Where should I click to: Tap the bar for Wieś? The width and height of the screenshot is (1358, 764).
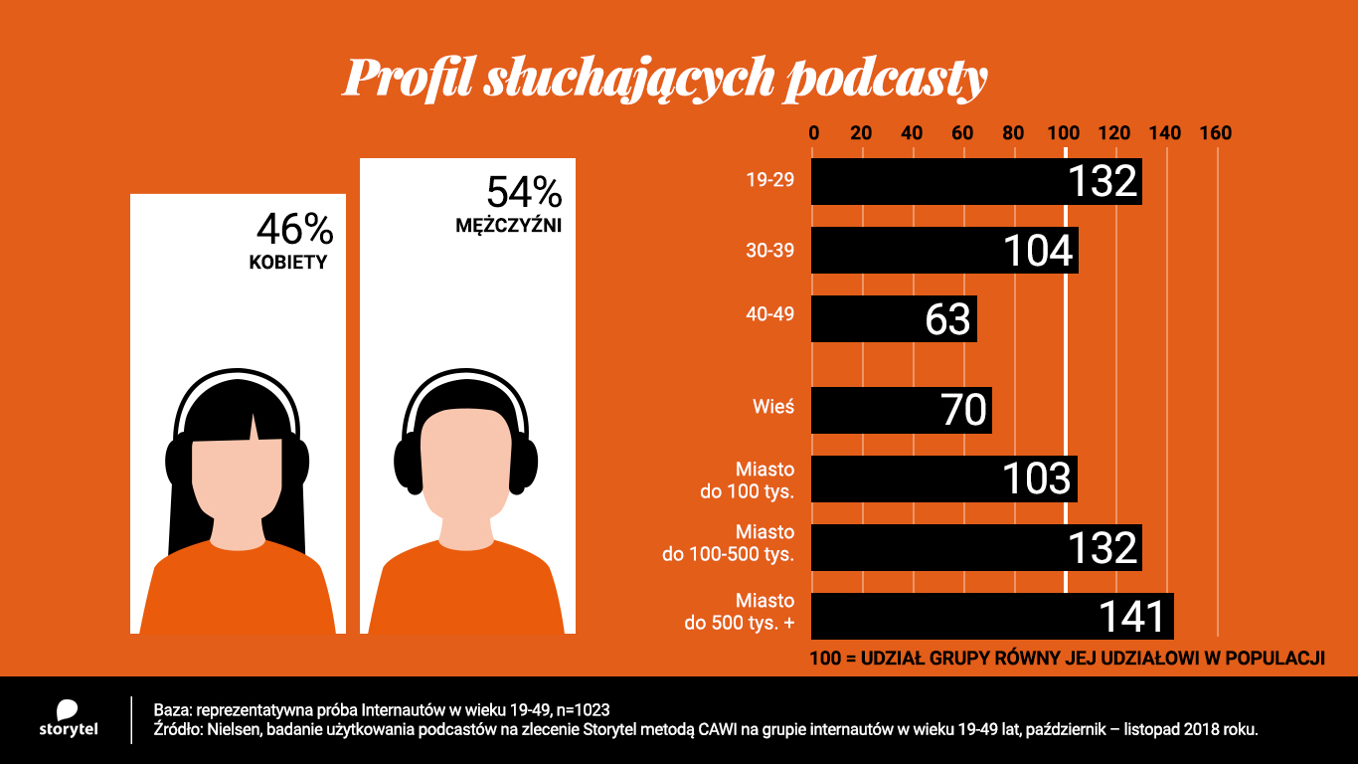[x=901, y=410]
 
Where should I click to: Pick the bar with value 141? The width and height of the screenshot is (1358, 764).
[x=991, y=617]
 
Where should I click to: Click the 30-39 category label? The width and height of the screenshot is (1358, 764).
[x=770, y=251]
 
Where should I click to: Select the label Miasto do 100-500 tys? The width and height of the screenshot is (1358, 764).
[x=729, y=543]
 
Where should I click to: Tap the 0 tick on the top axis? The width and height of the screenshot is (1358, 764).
[x=814, y=133]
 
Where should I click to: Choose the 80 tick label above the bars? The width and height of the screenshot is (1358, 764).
[x=1013, y=133]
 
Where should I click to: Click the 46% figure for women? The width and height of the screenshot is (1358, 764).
[x=294, y=230]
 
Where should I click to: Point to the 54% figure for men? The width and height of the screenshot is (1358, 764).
[x=523, y=192]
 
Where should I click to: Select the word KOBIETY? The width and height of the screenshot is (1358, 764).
[x=287, y=264]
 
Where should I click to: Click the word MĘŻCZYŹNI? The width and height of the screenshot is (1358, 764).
[x=509, y=226]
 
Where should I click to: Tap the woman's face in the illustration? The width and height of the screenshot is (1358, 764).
[x=237, y=487]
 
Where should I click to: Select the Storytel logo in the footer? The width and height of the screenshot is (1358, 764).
[x=68, y=719]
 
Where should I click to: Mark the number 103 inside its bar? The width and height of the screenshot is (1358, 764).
[x=1035, y=479]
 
